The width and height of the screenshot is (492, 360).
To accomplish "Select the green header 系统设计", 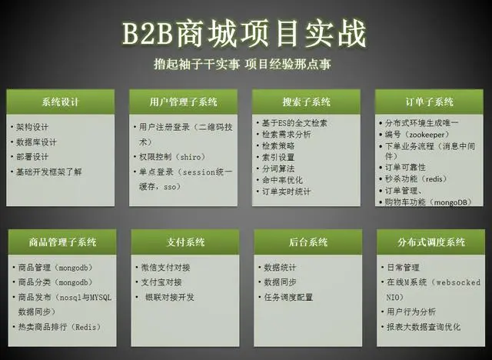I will pos(60,102).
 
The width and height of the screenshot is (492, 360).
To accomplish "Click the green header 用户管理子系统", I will pos(183,102).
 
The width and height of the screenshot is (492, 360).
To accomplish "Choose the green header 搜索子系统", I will pos(306,102).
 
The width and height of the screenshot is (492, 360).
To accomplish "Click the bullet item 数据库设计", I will pos(36,142).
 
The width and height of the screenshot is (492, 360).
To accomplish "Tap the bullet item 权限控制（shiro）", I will pos(167,158).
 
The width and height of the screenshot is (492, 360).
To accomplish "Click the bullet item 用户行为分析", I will pos(412,312).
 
